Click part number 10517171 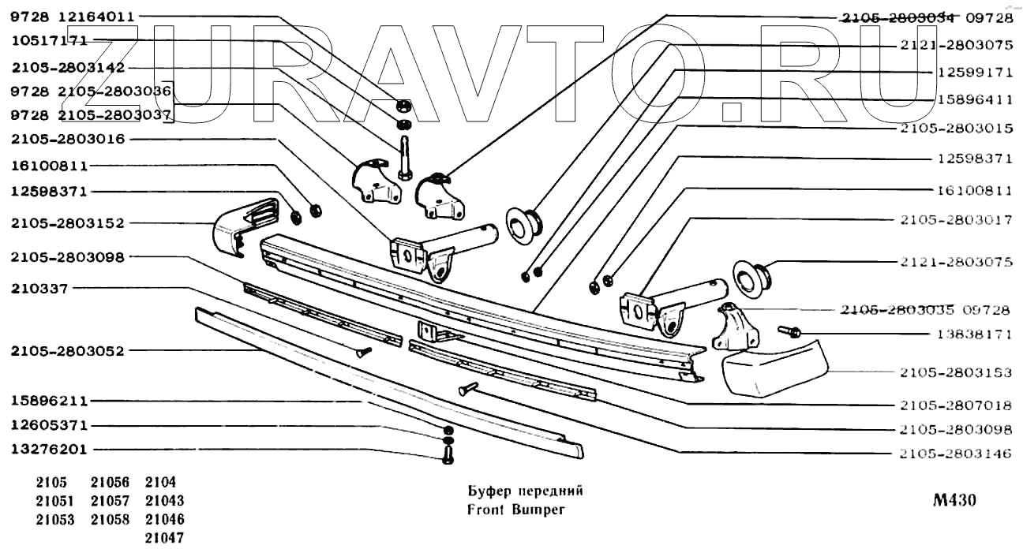tap(49, 39)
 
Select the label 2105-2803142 tap(68, 68)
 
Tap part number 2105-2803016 tap(68, 140)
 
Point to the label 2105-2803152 tap(68, 223)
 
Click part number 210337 tap(39, 289)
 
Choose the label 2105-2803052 tap(68, 351)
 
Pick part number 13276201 tap(49, 450)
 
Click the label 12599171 tap(975, 72)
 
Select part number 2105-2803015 tap(955, 127)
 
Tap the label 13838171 tap(975, 334)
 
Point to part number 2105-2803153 tap(955, 371)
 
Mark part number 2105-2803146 tap(955, 455)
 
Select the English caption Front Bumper tap(516, 509)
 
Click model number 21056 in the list tap(110, 482)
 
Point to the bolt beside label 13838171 tap(789, 331)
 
